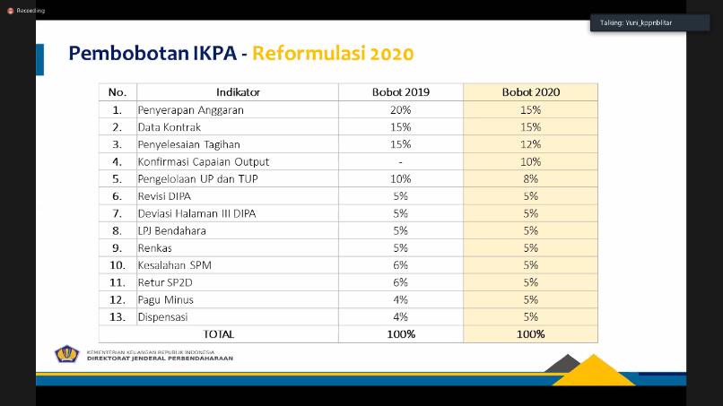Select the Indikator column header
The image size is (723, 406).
[x=238, y=92]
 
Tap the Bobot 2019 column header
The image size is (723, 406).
[x=400, y=92]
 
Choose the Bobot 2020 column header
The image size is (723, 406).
[x=530, y=92]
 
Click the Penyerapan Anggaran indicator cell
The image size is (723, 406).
[x=191, y=109]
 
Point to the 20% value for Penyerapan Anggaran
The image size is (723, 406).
[x=400, y=109]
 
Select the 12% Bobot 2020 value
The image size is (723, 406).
[x=530, y=144]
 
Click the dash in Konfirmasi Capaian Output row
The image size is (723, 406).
[x=400, y=161]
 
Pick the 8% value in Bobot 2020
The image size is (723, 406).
[x=530, y=178]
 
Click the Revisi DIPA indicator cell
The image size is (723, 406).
[x=164, y=196]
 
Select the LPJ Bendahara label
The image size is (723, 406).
[x=172, y=230]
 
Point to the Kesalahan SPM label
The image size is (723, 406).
[x=176, y=265]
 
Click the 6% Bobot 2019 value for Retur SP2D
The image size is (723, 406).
[x=400, y=282]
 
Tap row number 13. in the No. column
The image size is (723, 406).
[x=117, y=316]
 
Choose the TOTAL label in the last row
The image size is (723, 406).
[x=219, y=334]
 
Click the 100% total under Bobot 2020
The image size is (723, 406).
[x=530, y=334]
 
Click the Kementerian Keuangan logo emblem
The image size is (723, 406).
[x=67, y=355]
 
